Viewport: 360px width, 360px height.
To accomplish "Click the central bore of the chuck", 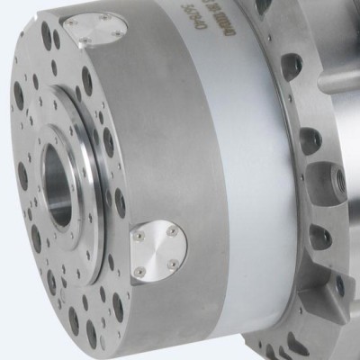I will [59, 185].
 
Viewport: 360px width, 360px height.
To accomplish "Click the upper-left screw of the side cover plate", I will [141, 237].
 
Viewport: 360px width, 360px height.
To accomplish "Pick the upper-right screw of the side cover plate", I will [170, 230].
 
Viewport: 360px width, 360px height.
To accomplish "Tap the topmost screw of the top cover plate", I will [104, 16].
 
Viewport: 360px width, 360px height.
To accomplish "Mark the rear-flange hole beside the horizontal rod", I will [290, 65].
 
